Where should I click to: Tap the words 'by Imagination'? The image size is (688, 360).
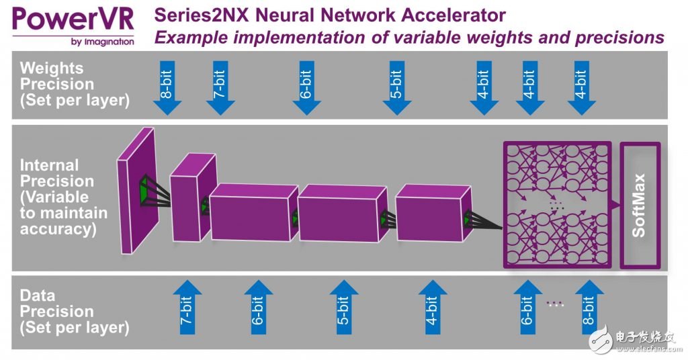101,42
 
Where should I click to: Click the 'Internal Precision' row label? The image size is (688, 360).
64,197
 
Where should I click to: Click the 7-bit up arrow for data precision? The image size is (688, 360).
187,312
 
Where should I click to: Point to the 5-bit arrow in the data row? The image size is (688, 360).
344,312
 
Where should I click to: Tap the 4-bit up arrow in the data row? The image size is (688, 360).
433,312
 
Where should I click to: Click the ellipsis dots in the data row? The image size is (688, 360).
555,304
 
